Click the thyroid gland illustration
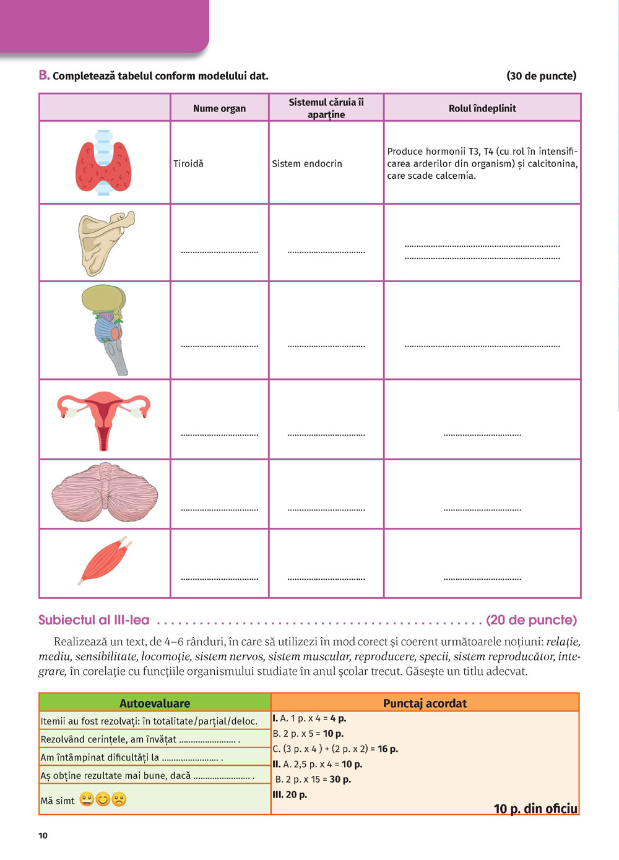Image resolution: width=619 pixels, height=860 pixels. (104, 163)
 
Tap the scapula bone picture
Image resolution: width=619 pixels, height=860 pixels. (104, 243)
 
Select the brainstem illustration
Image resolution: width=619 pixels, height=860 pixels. (105, 329)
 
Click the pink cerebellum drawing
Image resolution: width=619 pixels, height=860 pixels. (105, 494)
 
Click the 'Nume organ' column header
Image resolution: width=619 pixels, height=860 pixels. (219, 108)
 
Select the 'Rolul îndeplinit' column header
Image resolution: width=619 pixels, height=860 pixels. (482, 108)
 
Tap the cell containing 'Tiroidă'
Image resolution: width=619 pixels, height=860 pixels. (188, 164)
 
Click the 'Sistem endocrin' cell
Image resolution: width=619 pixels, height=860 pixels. (307, 164)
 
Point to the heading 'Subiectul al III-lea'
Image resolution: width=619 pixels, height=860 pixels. (93, 620)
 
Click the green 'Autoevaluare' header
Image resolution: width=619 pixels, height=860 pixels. (155, 703)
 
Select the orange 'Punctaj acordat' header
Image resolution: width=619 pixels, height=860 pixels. (425, 703)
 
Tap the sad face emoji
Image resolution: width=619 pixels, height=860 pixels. (119, 799)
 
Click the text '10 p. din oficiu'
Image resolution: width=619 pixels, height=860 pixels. (535, 809)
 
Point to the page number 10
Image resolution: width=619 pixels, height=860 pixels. (43, 835)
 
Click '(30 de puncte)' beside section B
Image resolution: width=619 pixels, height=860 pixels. (541, 76)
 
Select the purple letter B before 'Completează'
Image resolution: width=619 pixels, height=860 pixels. (43, 75)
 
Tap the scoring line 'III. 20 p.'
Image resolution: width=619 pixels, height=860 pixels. (290, 794)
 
